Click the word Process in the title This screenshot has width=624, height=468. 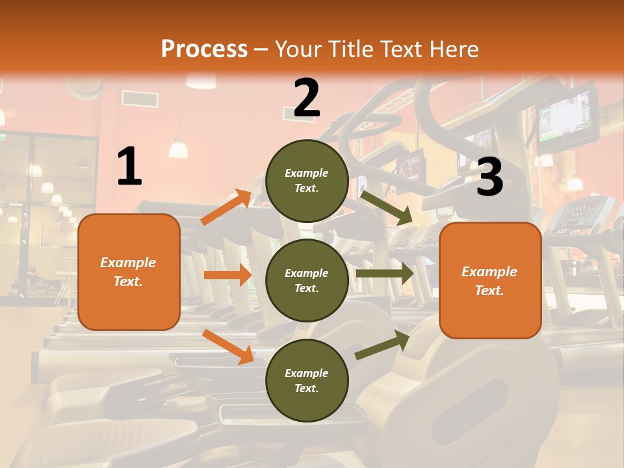click(x=204, y=49)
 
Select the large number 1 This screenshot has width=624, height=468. click(x=129, y=166)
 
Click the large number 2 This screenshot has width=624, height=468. click(x=306, y=97)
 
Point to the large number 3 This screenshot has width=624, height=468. click(x=489, y=176)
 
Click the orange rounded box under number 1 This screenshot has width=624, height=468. click(x=129, y=272)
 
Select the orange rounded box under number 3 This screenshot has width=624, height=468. click(x=490, y=281)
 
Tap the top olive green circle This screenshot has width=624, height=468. click(x=307, y=181)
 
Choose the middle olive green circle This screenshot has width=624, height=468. click(x=307, y=280)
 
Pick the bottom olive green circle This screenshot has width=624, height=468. click(x=307, y=380)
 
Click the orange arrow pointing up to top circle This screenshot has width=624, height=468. click(x=226, y=207)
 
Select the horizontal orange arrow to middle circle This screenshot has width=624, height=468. click(x=227, y=275)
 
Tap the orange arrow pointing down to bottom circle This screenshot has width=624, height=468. click(x=228, y=347)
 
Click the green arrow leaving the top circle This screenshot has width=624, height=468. click(x=386, y=208)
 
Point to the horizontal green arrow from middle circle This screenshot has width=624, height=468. click(x=385, y=274)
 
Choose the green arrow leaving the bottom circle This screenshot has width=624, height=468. click(x=382, y=345)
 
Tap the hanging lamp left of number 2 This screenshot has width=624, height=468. click(x=178, y=148)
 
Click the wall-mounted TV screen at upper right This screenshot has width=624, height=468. click(x=567, y=118)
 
